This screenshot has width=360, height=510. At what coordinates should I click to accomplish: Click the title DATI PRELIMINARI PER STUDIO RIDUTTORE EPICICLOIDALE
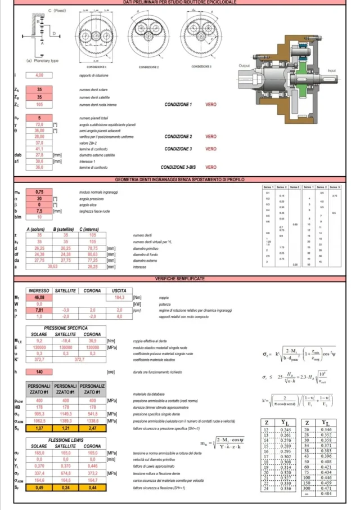point(180,2)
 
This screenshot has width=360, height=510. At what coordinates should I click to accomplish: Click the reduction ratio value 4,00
point(39,75)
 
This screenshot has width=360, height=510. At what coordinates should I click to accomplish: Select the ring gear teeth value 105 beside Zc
point(39,104)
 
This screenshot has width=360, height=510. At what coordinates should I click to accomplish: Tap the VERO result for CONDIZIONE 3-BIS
point(211,167)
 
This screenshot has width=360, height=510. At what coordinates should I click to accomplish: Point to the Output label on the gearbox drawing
point(245,66)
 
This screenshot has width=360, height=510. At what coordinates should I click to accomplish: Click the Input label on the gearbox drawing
point(332,71)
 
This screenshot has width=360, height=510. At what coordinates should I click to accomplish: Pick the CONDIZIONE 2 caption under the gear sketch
point(148,67)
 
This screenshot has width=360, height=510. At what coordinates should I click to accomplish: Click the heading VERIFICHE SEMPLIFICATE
point(180,278)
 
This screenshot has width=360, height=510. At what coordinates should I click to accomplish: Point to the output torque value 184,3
point(119,297)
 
